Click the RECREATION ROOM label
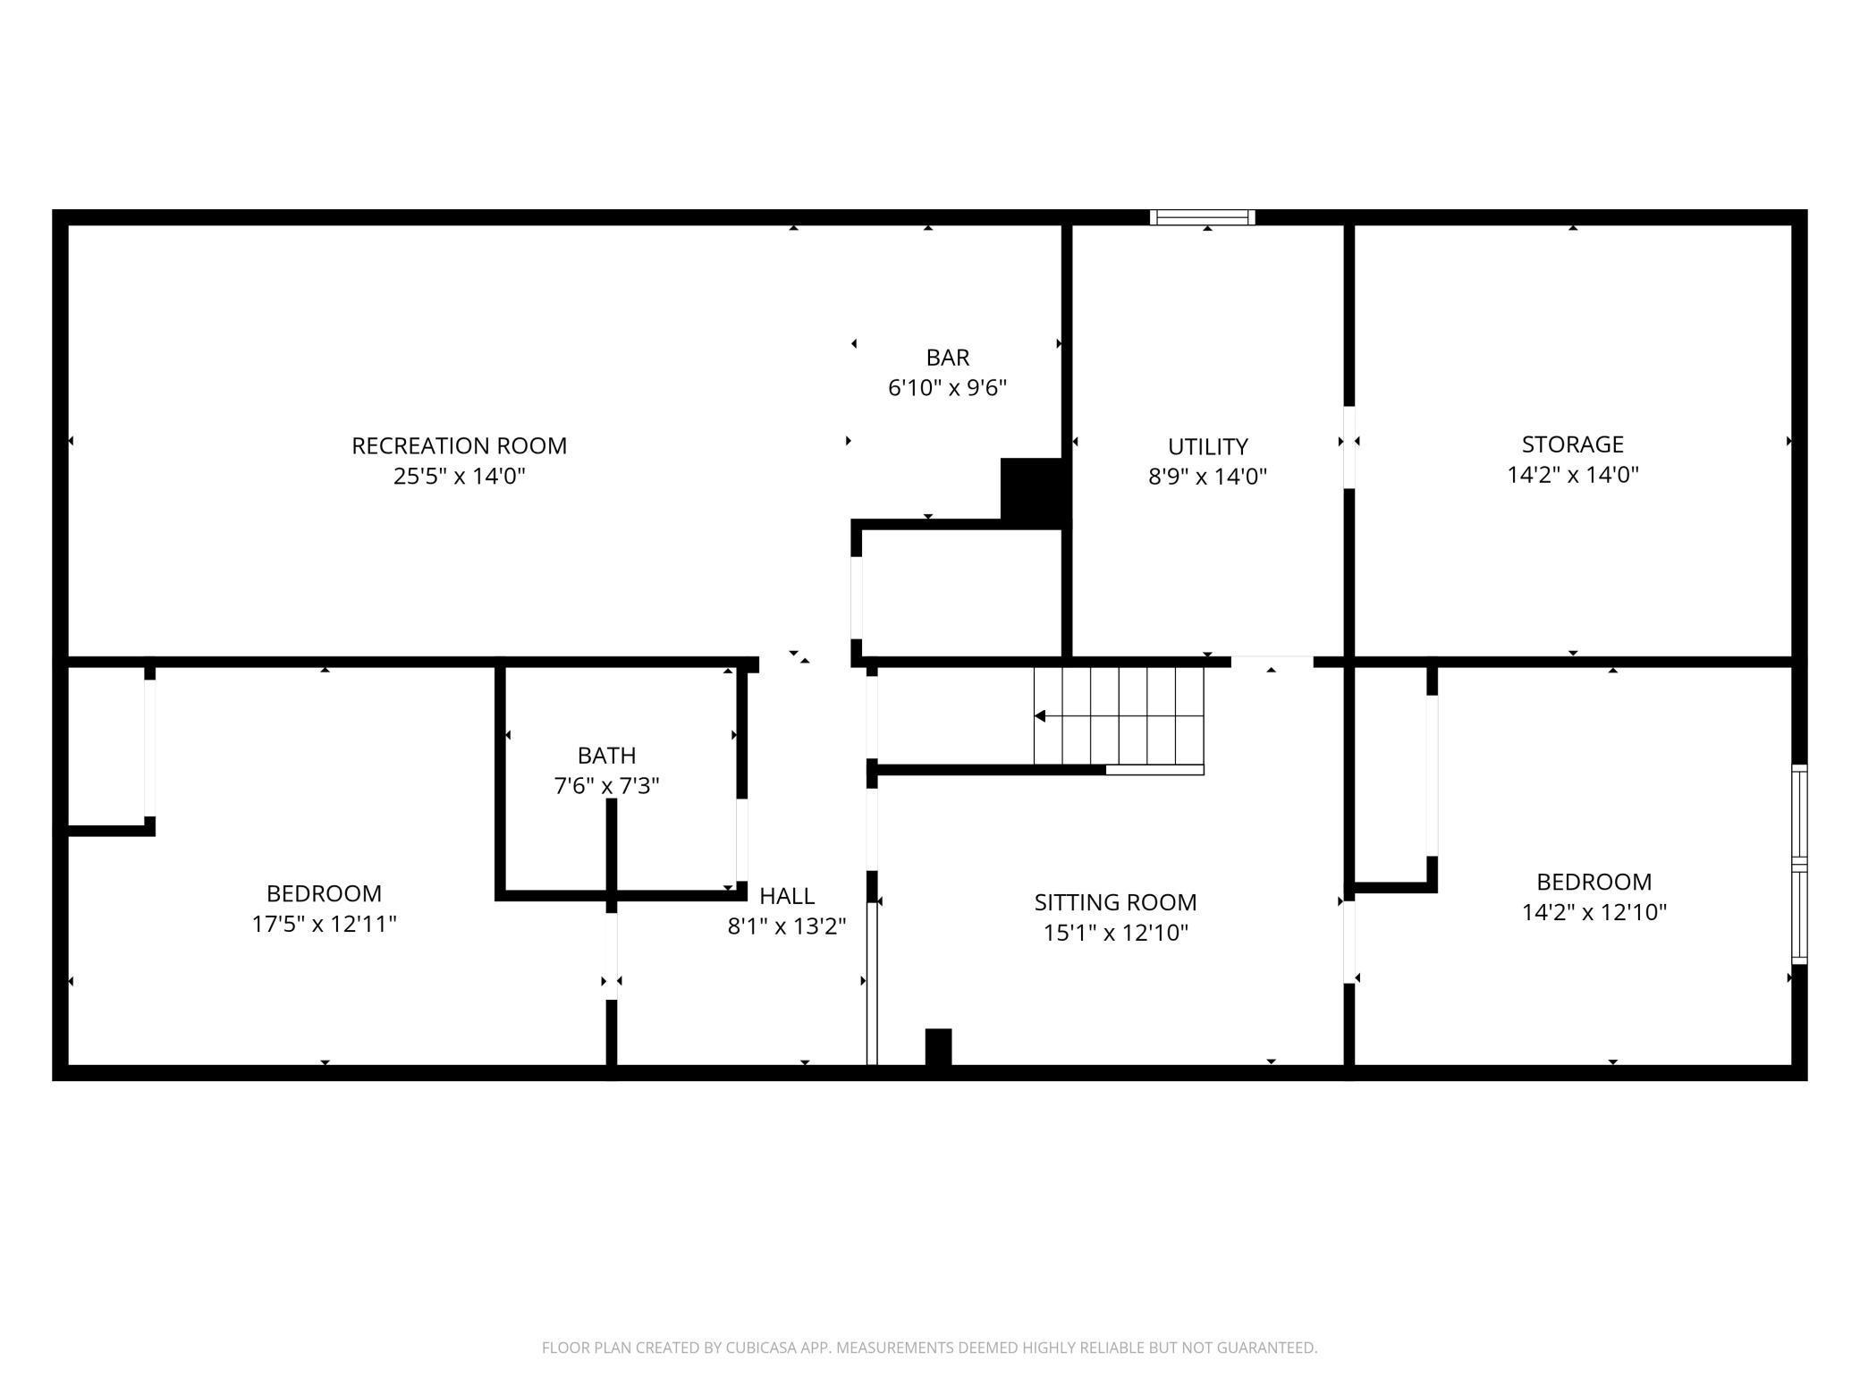[x=459, y=445]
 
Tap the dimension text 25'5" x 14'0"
[x=459, y=476]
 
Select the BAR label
[x=947, y=358]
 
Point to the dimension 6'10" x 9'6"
[x=947, y=388]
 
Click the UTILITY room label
[x=1207, y=446]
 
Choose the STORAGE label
[x=1572, y=444]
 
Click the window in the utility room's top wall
[x=1202, y=217]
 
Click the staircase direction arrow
[x=1041, y=716]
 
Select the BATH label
[x=606, y=756]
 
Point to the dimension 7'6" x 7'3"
[x=606, y=786]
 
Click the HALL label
[x=786, y=896]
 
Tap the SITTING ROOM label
[x=1115, y=902]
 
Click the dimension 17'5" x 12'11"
[x=324, y=924]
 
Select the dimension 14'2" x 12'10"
[x=1594, y=912]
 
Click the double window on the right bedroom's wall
[x=1799, y=865]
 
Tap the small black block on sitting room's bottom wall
[x=938, y=1047]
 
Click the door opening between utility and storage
[x=1349, y=447]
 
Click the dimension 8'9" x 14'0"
[x=1207, y=477]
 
